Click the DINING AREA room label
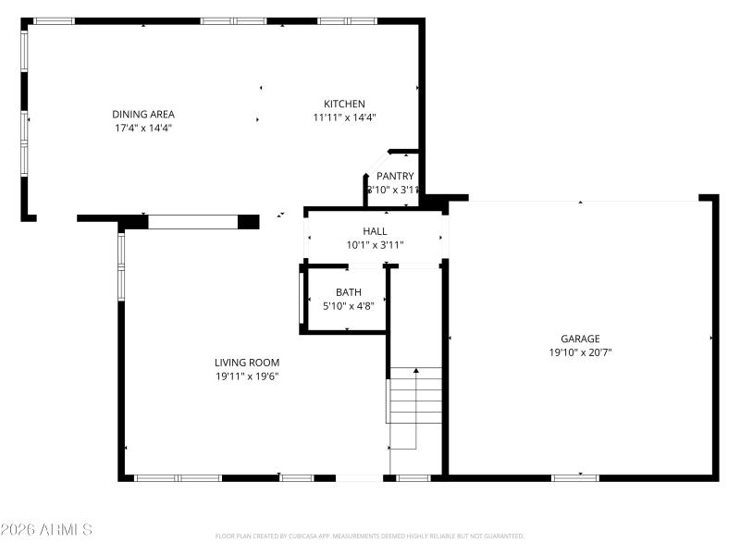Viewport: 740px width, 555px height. click(143, 114)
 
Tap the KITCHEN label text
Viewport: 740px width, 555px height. click(343, 104)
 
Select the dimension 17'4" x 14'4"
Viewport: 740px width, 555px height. click(143, 128)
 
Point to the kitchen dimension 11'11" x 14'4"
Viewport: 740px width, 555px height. click(343, 117)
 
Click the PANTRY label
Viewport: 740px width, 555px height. click(395, 176)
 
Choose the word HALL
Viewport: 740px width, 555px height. click(375, 231)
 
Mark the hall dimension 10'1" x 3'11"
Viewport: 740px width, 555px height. click(375, 245)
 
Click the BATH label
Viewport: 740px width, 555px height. click(348, 292)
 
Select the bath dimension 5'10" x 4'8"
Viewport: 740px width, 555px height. click(348, 306)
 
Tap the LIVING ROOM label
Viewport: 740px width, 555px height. click(247, 363)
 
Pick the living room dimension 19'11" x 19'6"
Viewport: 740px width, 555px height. click(247, 376)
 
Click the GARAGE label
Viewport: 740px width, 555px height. click(580, 339)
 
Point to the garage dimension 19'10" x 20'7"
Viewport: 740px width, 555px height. click(580, 352)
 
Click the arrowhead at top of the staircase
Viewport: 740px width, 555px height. click(415, 371)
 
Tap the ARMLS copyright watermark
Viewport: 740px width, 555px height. click(46, 530)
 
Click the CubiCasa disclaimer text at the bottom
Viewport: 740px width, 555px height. click(370, 536)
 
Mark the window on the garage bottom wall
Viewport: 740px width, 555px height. click(574, 477)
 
